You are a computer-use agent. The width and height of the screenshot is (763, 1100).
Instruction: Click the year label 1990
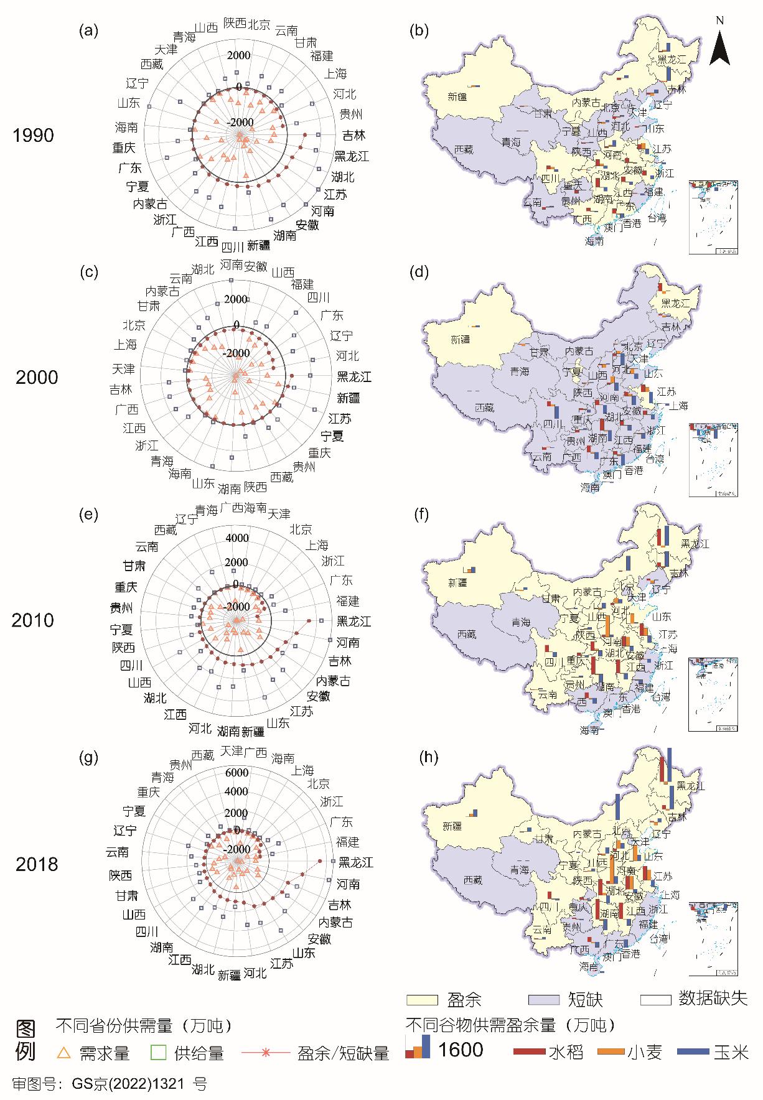(x=34, y=136)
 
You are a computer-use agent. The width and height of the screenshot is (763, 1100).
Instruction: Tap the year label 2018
(x=37, y=864)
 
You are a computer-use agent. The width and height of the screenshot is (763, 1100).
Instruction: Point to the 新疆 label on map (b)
(x=457, y=96)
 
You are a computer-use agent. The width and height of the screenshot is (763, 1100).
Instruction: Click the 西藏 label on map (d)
(x=484, y=408)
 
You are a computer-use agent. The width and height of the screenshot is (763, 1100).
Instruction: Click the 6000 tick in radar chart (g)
(x=236, y=773)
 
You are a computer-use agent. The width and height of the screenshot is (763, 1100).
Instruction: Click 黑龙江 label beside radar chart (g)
(x=355, y=862)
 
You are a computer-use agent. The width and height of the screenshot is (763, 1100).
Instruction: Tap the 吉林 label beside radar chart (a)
(x=354, y=135)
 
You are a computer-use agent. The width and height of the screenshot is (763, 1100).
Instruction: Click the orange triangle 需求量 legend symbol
(x=63, y=1053)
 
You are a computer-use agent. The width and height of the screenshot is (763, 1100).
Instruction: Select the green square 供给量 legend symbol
(x=159, y=1053)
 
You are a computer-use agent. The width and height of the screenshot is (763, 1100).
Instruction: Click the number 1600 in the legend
(x=461, y=1050)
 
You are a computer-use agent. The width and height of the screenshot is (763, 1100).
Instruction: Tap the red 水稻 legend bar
(x=530, y=1051)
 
